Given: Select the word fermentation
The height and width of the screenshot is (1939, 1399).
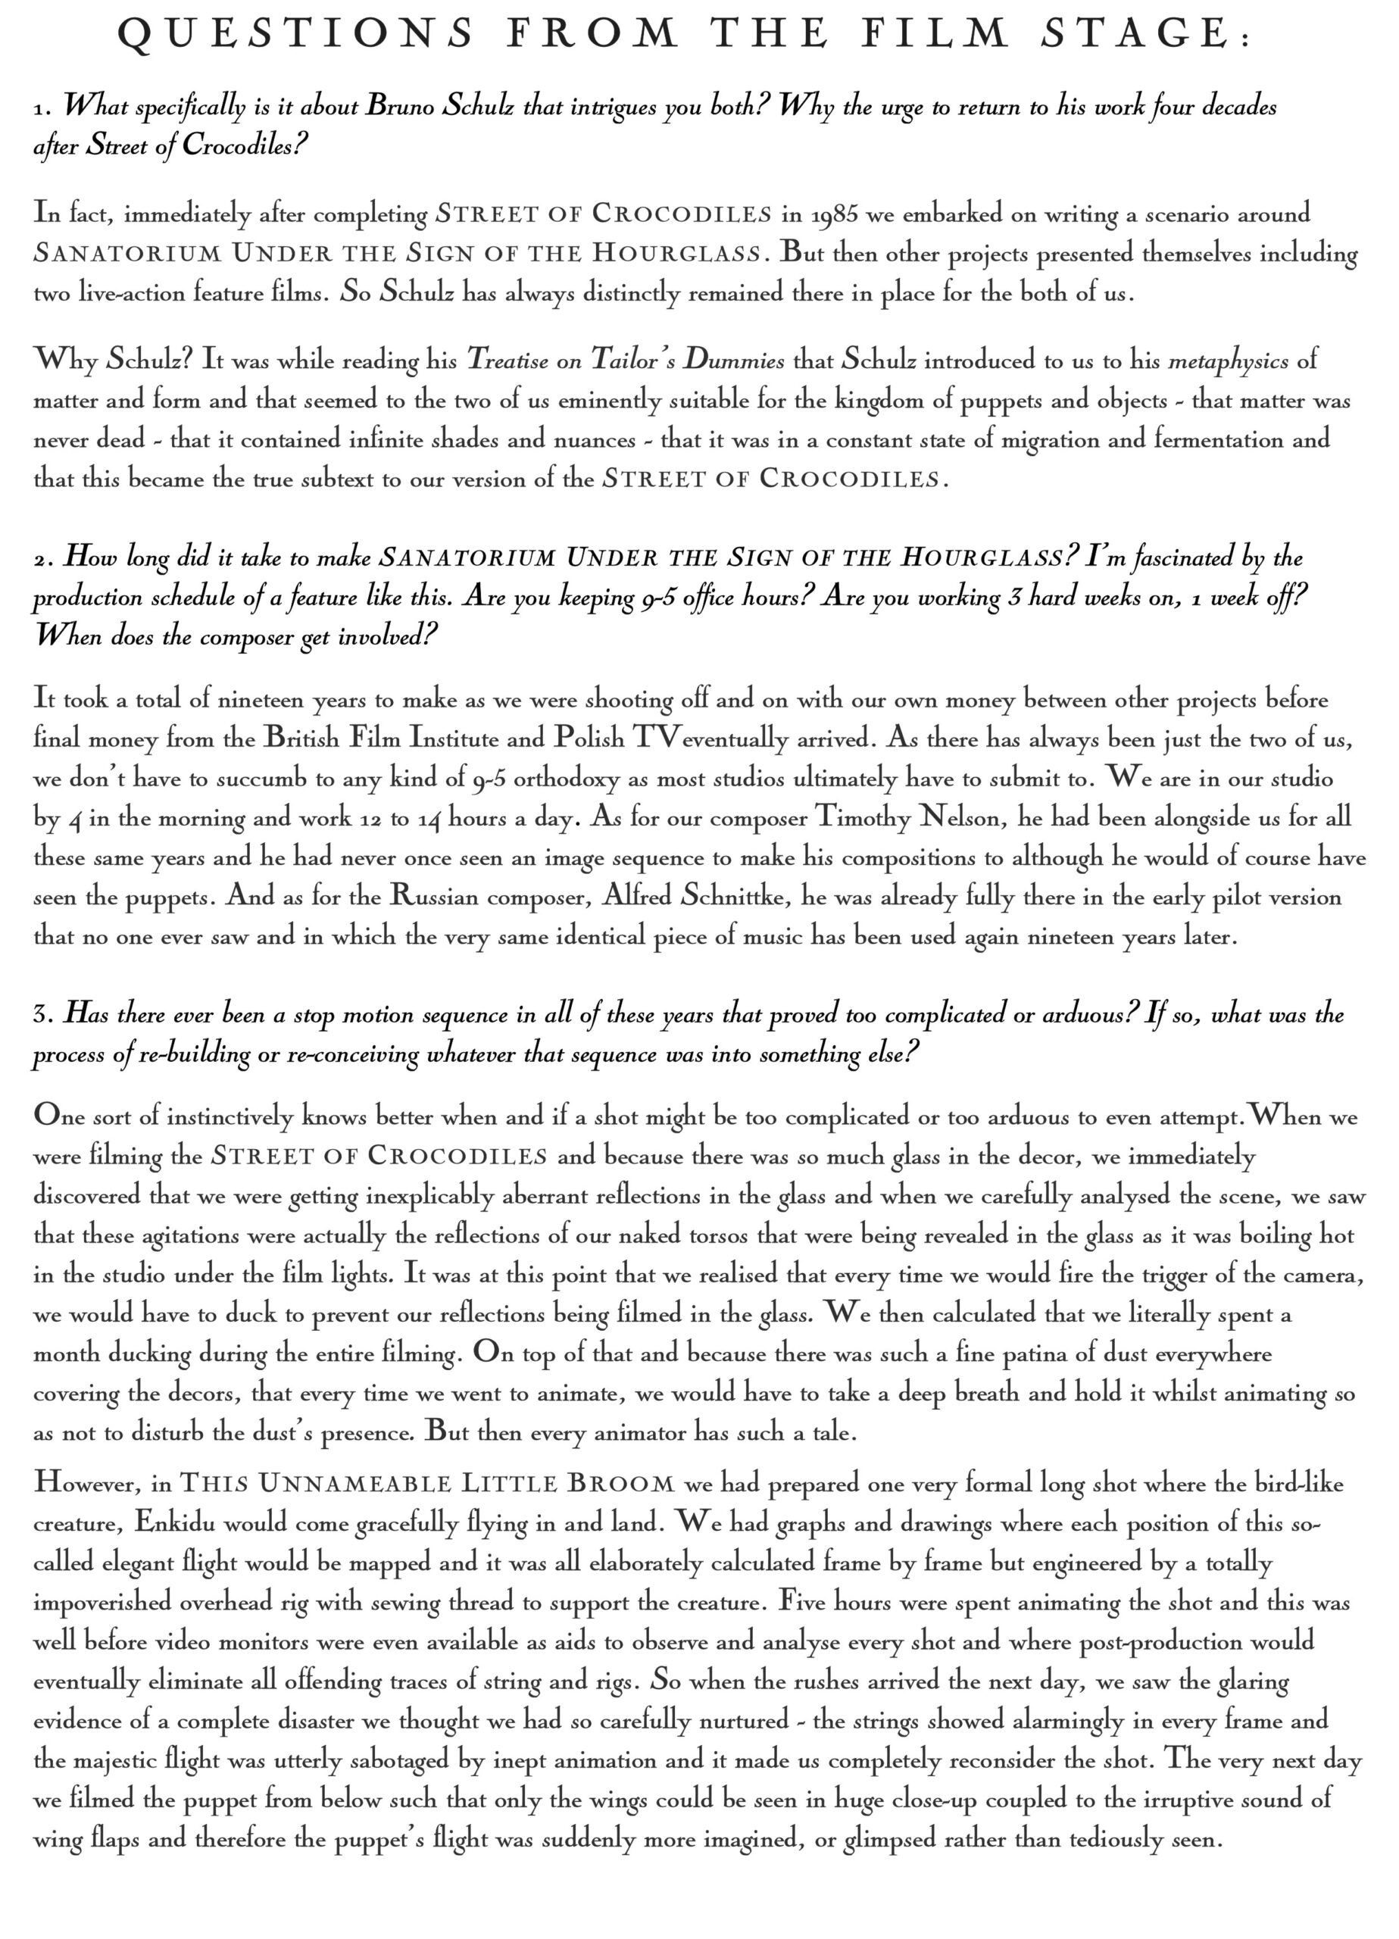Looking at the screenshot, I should tap(1220, 440).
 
